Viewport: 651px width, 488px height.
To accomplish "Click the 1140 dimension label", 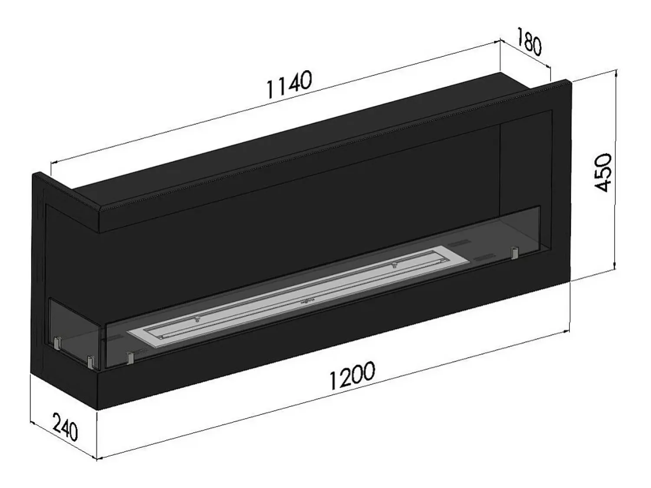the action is pos(289,84).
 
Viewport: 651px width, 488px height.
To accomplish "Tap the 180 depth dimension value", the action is pos(530,42).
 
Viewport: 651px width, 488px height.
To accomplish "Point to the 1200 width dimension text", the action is pos(352,376).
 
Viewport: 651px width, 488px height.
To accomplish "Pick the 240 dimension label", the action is pos(65,427).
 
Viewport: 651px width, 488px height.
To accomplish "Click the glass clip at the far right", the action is pos(515,252).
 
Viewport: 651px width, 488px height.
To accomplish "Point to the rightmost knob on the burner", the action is pos(394,265).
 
